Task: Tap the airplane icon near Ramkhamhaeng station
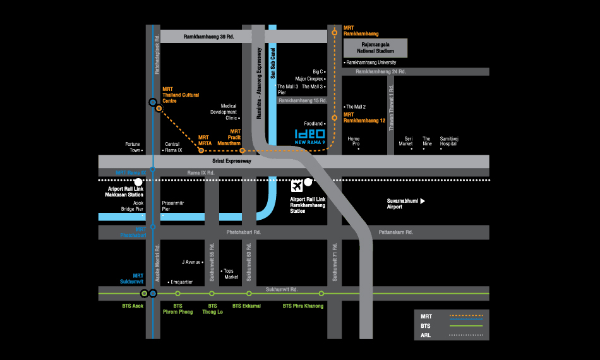[x=297, y=186]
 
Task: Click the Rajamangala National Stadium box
[x=375, y=48]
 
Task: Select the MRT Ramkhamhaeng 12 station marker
[x=335, y=117]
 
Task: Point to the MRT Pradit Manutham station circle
[x=243, y=151]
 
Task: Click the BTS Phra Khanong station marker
[x=321, y=294]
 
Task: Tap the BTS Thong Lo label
[x=212, y=309]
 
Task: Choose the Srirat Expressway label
[x=233, y=161]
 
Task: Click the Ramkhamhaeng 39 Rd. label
[x=208, y=37]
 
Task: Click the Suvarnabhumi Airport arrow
[x=423, y=201]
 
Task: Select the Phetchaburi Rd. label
[x=244, y=232]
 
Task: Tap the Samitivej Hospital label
[x=449, y=141]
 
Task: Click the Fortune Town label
[x=132, y=147]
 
